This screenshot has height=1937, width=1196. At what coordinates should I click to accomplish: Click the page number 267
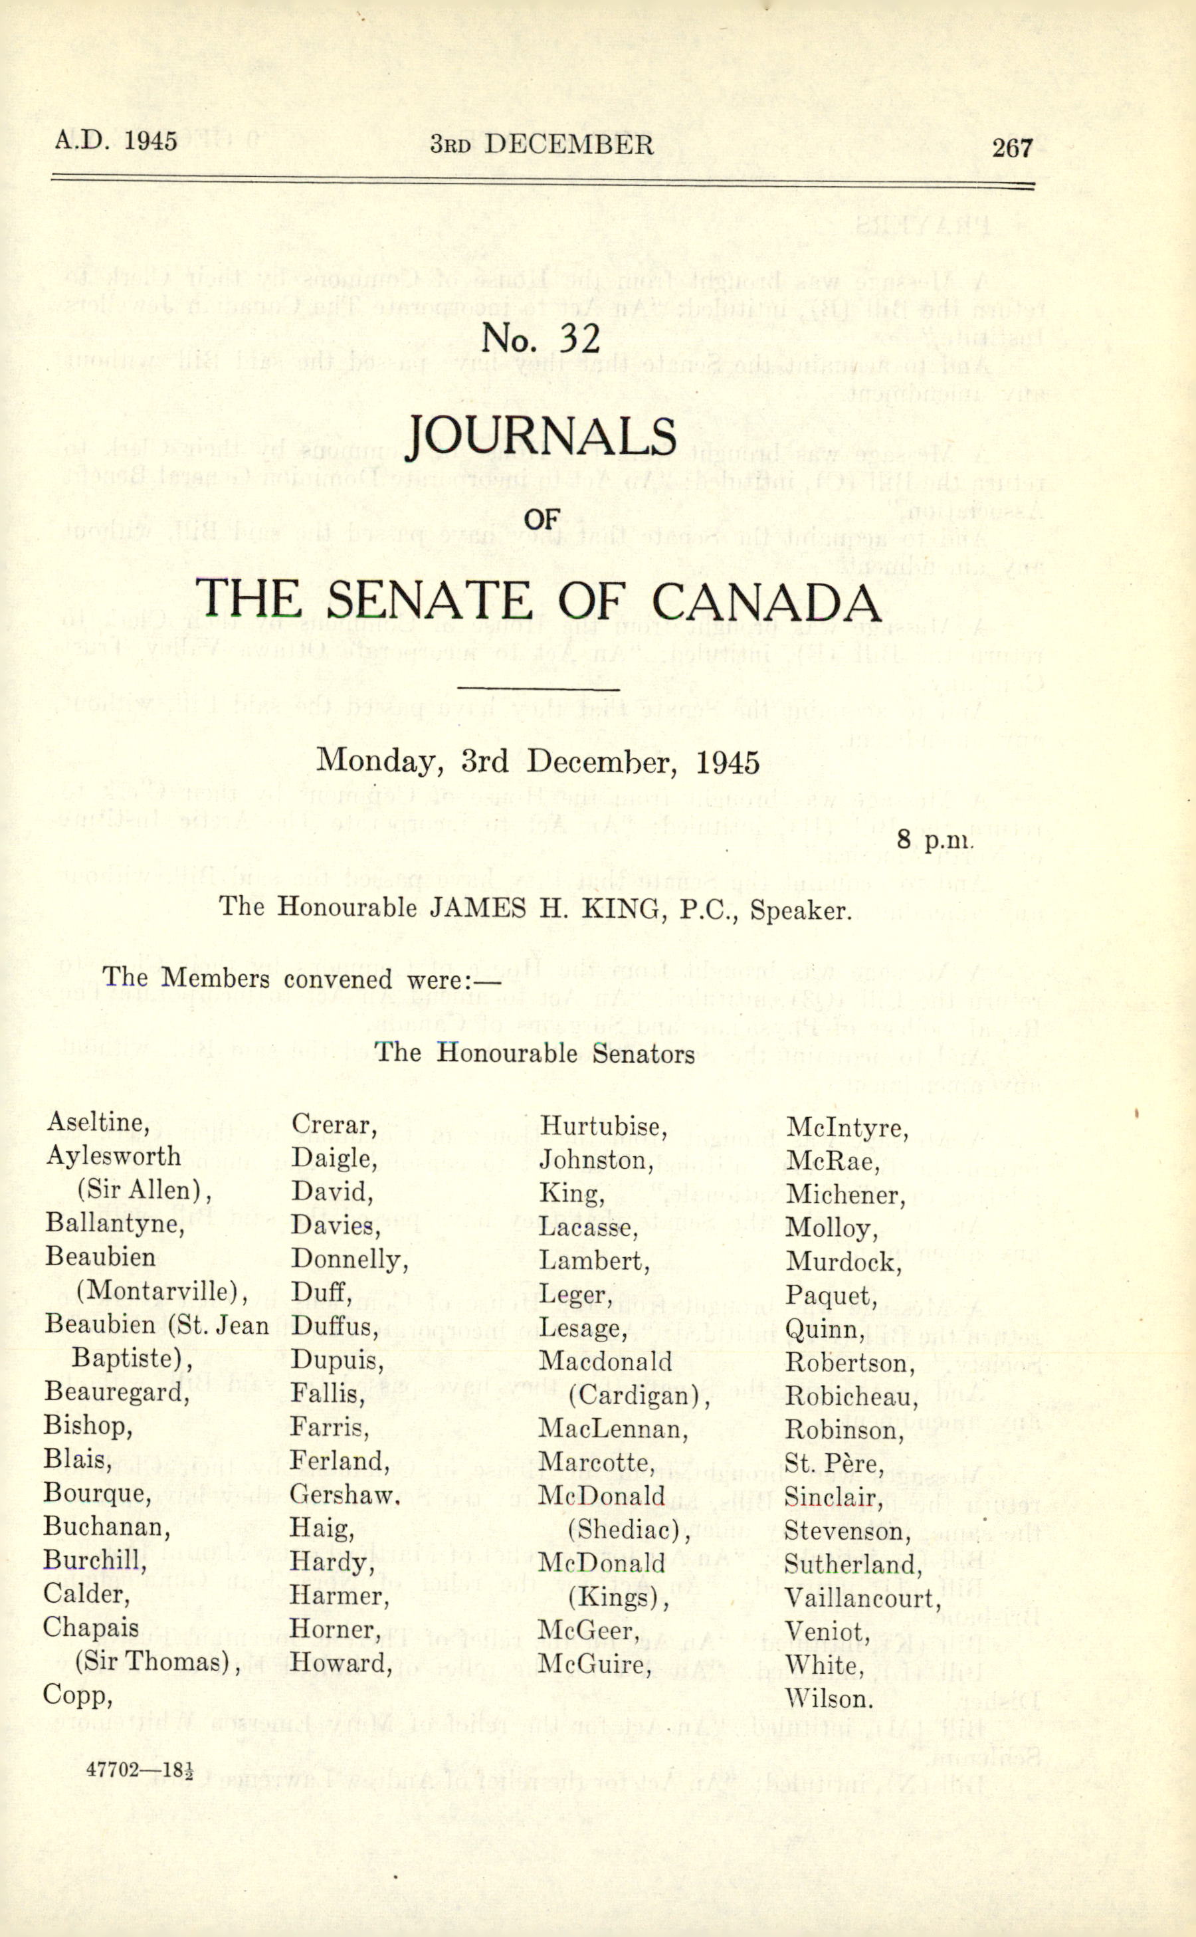(x=1013, y=148)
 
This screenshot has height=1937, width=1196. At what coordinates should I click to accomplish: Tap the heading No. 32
(x=540, y=338)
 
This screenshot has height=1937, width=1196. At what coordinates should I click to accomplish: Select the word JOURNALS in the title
(x=540, y=437)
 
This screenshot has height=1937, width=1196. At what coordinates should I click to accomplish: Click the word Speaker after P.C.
(x=801, y=910)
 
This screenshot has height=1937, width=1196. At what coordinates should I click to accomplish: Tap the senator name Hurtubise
(x=603, y=1126)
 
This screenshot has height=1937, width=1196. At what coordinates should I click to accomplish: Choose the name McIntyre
(x=847, y=1128)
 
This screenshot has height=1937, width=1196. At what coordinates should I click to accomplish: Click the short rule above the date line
(x=538, y=690)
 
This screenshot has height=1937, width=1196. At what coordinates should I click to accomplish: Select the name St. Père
(x=834, y=1464)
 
